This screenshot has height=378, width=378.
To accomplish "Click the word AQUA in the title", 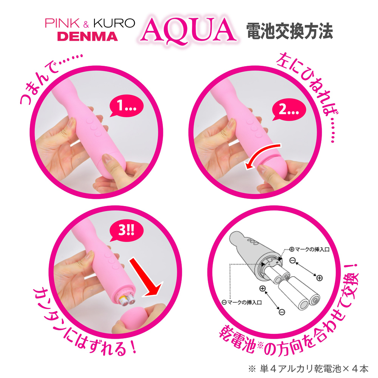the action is click(188, 30).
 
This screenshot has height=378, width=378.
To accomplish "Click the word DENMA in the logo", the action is click(88, 36).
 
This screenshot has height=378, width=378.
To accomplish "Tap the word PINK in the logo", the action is click(62, 23).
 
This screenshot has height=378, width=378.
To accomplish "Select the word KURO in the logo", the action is click(114, 23).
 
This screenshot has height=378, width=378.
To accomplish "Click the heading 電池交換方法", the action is click(290, 31).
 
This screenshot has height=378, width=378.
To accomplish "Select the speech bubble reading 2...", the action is click(289, 110).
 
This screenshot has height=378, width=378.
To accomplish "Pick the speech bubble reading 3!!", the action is click(126, 231).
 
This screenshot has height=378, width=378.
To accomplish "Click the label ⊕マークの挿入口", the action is click(309, 249).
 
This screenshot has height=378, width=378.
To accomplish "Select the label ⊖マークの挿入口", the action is click(242, 302).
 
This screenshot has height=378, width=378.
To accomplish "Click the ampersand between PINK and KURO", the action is click(86, 24).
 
